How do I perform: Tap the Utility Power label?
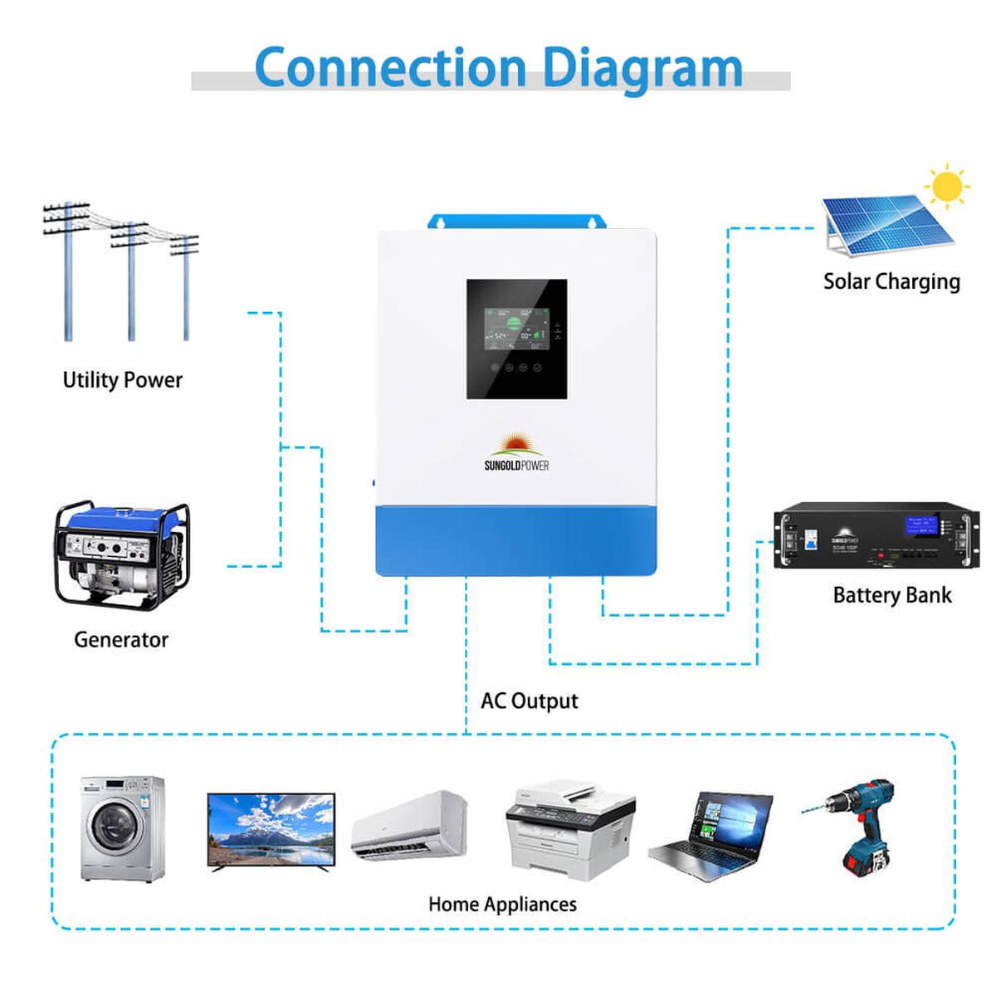[x=122, y=380]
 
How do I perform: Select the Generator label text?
[x=121, y=640]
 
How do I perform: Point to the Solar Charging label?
[x=891, y=282]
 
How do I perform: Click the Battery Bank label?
[x=892, y=595]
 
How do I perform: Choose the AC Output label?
[x=529, y=701]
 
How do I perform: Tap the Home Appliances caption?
[x=502, y=905]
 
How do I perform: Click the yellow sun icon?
[x=946, y=187]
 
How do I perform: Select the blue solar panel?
[x=884, y=222]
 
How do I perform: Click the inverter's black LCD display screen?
[x=516, y=339]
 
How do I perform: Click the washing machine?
[x=122, y=828]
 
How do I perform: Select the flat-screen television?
[x=271, y=831]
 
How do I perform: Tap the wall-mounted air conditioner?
[x=409, y=826]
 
